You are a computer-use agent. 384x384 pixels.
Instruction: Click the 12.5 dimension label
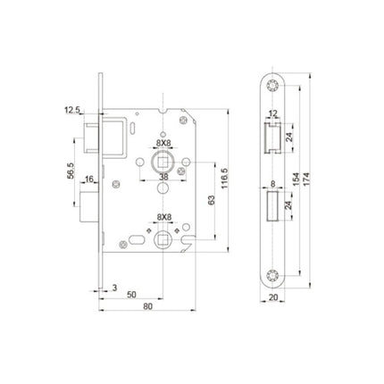(x=72, y=111)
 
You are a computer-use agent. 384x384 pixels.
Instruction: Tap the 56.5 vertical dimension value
(x=71, y=171)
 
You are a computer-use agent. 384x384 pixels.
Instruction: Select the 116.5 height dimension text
(x=224, y=178)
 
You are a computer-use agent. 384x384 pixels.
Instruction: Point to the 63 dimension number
(x=212, y=200)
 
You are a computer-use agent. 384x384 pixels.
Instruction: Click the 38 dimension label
(x=163, y=177)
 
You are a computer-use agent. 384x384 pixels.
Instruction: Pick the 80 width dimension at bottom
(x=147, y=306)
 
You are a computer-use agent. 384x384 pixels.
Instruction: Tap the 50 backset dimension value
(x=131, y=295)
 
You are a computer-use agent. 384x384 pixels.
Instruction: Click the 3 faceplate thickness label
(x=114, y=288)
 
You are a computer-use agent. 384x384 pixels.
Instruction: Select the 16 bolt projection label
(x=89, y=179)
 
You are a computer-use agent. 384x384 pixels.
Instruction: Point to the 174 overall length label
(x=306, y=179)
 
